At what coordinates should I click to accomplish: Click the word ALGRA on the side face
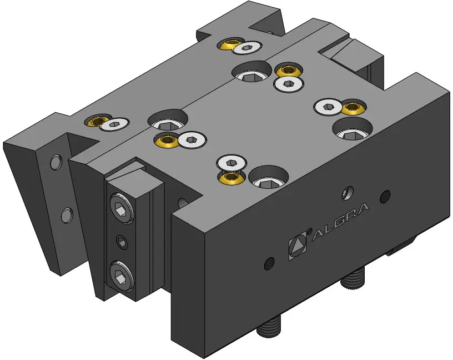(x=341, y=222)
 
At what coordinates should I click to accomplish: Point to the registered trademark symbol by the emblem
(x=309, y=231)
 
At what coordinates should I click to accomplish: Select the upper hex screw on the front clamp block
(x=122, y=208)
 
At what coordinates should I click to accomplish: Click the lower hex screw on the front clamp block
(x=121, y=276)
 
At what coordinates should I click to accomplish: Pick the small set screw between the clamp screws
(x=122, y=242)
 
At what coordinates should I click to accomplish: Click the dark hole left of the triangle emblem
(x=270, y=263)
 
